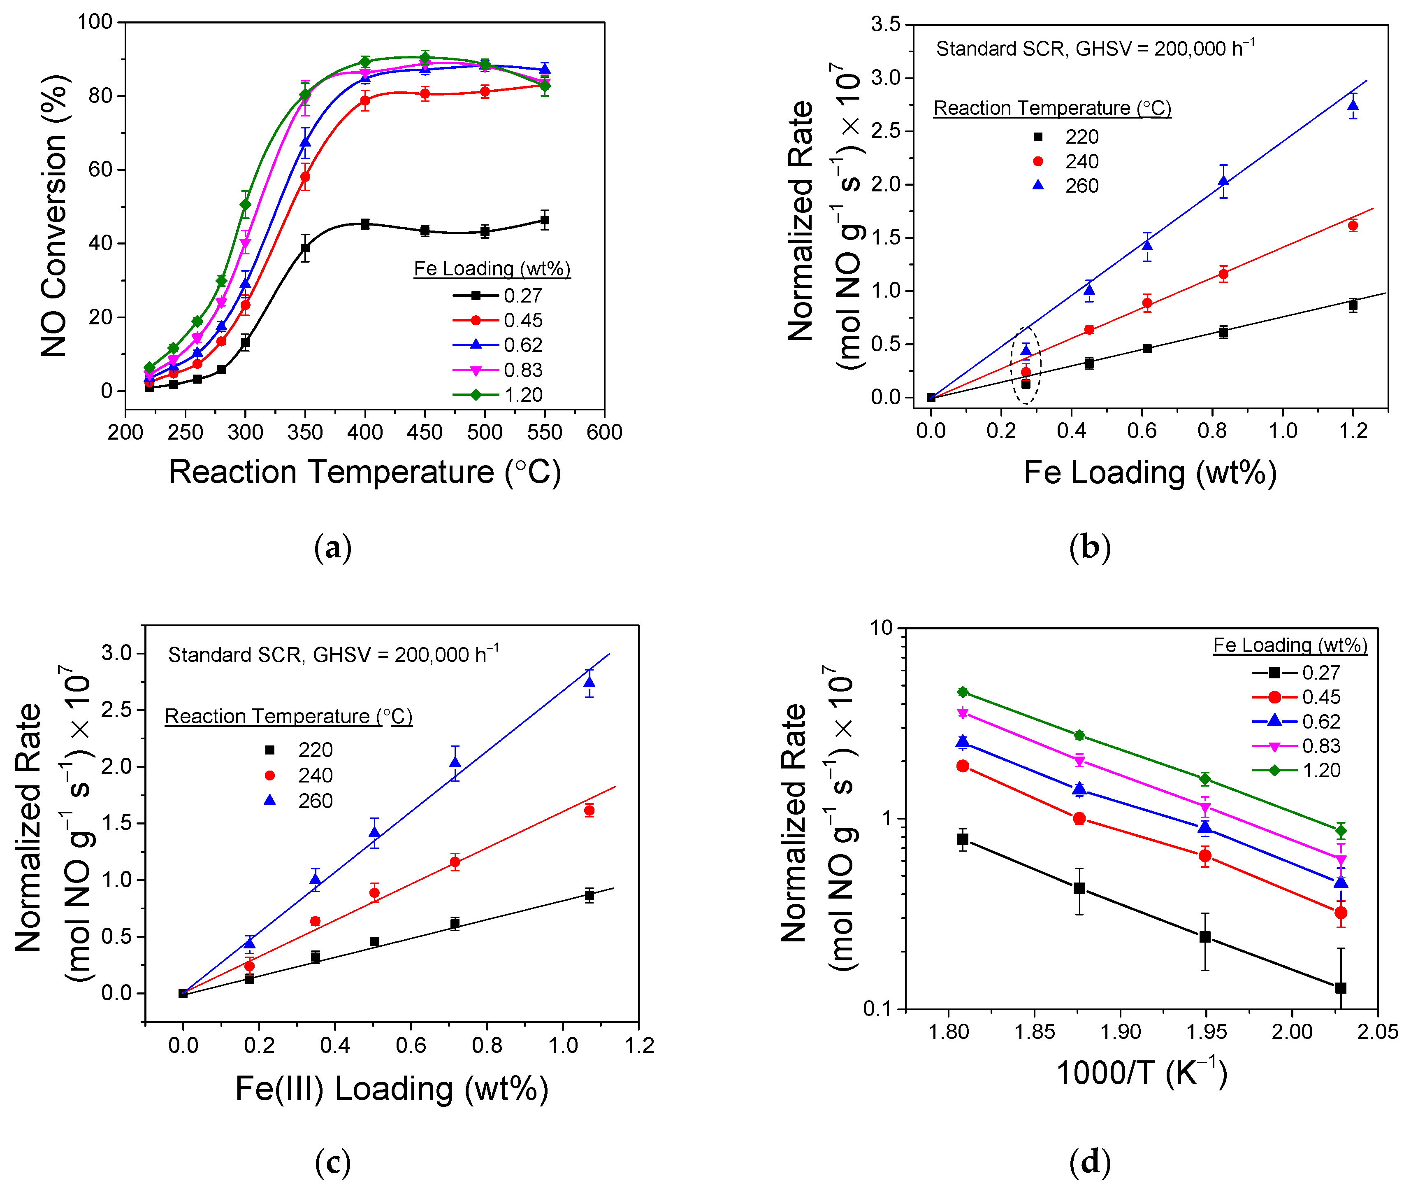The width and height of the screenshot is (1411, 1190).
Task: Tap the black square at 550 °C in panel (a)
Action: tap(545, 220)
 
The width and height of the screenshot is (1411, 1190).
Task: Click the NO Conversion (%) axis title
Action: tap(54, 216)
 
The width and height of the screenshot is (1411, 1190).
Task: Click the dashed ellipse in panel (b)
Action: tap(1026, 365)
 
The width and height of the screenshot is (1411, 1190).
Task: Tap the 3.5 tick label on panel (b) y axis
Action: tap(885, 24)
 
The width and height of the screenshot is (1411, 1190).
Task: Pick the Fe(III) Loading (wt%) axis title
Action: tap(392, 1088)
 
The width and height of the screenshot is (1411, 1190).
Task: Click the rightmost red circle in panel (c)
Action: tap(589, 810)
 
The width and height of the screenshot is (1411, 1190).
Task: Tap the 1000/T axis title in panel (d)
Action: tap(1141, 1073)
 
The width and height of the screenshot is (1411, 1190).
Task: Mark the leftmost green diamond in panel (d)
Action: tap(963, 692)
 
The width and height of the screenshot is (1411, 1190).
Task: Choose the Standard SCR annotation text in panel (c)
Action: tap(333, 654)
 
